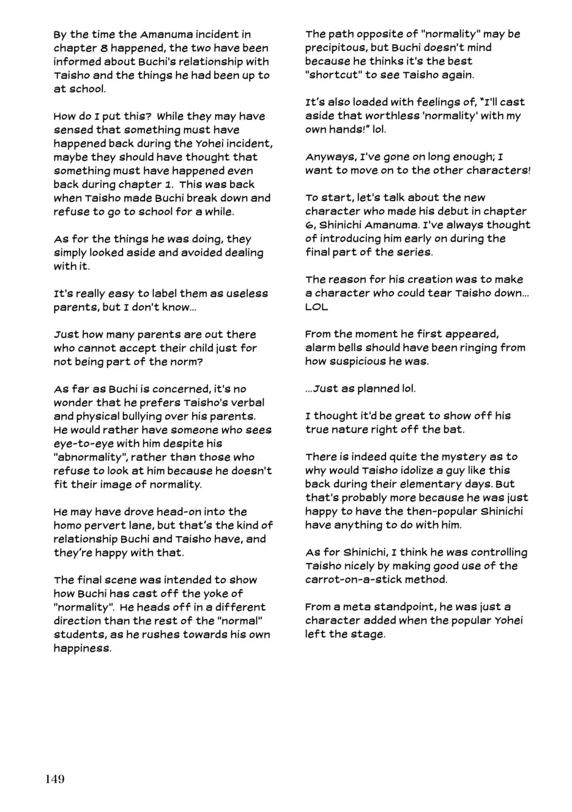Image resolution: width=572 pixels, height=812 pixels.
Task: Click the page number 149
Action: [x=55, y=779]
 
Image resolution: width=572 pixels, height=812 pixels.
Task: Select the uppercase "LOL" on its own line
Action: [x=316, y=307]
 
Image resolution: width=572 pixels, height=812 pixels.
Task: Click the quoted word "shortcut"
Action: [x=333, y=75]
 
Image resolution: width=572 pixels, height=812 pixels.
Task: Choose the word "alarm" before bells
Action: [x=320, y=348]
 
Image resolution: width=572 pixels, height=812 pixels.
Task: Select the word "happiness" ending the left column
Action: [x=82, y=648]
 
